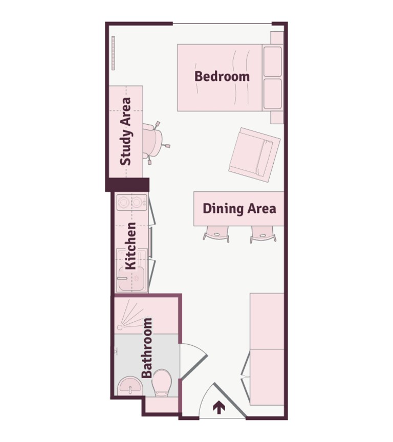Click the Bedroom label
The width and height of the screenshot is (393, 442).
[x=222, y=76]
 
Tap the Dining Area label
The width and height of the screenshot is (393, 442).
[x=239, y=209]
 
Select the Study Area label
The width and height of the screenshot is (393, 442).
[x=126, y=131]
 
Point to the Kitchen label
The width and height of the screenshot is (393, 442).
[x=131, y=246]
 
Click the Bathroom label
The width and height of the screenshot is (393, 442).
[x=147, y=348]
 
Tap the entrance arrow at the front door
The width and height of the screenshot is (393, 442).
[x=219, y=408]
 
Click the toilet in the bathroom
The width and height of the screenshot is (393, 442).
[x=162, y=383]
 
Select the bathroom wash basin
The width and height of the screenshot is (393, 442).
[x=129, y=387]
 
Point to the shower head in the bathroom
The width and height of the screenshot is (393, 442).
[x=120, y=327]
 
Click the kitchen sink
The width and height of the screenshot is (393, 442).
[x=132, y=278]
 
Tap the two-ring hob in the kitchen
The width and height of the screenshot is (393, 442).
[x=132, y=202]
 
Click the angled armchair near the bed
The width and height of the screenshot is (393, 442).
[x=254, y=155]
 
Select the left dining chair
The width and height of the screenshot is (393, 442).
[x=216, y=234]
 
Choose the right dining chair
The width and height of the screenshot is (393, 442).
[x=263, y=234]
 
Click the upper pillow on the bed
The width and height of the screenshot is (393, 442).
[x=272, y=61]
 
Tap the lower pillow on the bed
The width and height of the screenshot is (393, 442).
[x=272, y=94]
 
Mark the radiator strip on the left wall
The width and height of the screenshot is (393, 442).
[x=113, y=53]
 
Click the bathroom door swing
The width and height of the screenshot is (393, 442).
[x=194, y=361]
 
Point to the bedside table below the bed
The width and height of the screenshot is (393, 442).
[x=277, y=117]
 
